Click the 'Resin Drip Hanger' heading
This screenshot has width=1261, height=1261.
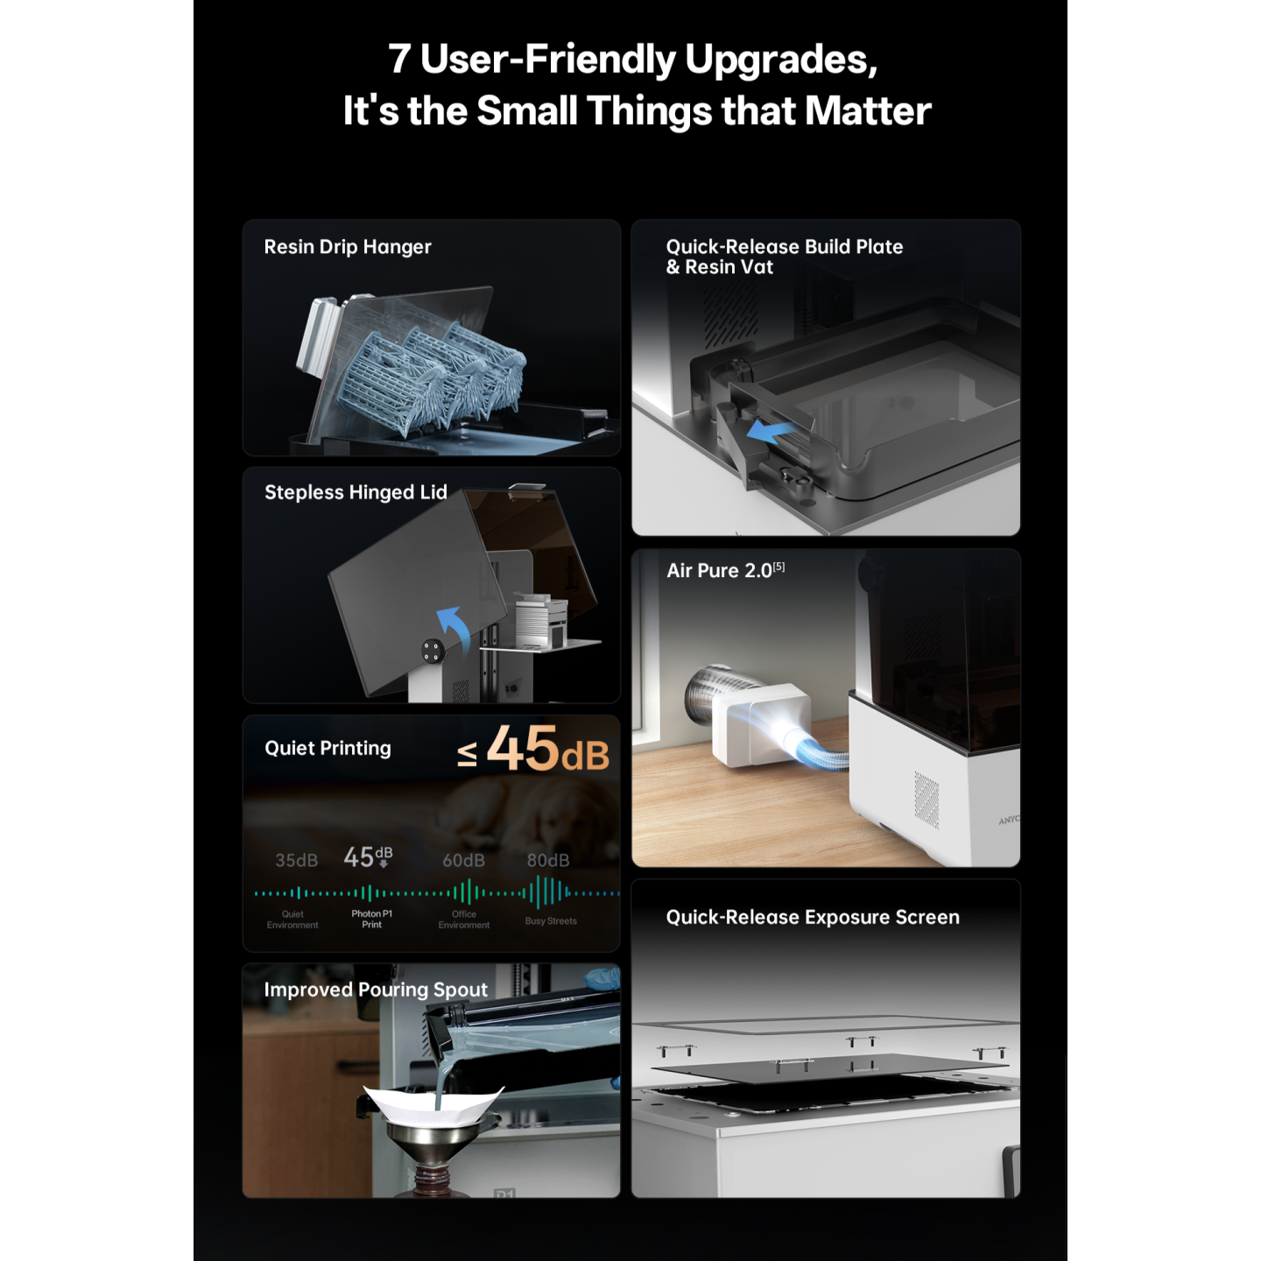click(348, 247)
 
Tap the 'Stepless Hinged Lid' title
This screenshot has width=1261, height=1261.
click(356, 493)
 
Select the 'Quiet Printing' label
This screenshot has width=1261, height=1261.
click(328, 749)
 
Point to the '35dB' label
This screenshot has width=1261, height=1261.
click(297, 861)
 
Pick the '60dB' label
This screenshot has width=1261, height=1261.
click(464, 861)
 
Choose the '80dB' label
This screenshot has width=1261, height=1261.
click(548, 861)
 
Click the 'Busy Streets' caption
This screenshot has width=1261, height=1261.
click(551, 920)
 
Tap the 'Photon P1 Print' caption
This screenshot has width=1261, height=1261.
click(371, 919)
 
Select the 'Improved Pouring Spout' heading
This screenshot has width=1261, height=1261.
click(376, 990)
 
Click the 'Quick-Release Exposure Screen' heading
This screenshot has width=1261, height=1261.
click(813, 918)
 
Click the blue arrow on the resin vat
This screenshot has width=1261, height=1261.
click(771, 432)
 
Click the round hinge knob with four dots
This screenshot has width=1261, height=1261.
click(431, 651)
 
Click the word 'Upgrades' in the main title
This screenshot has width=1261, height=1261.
click(780, 59)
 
